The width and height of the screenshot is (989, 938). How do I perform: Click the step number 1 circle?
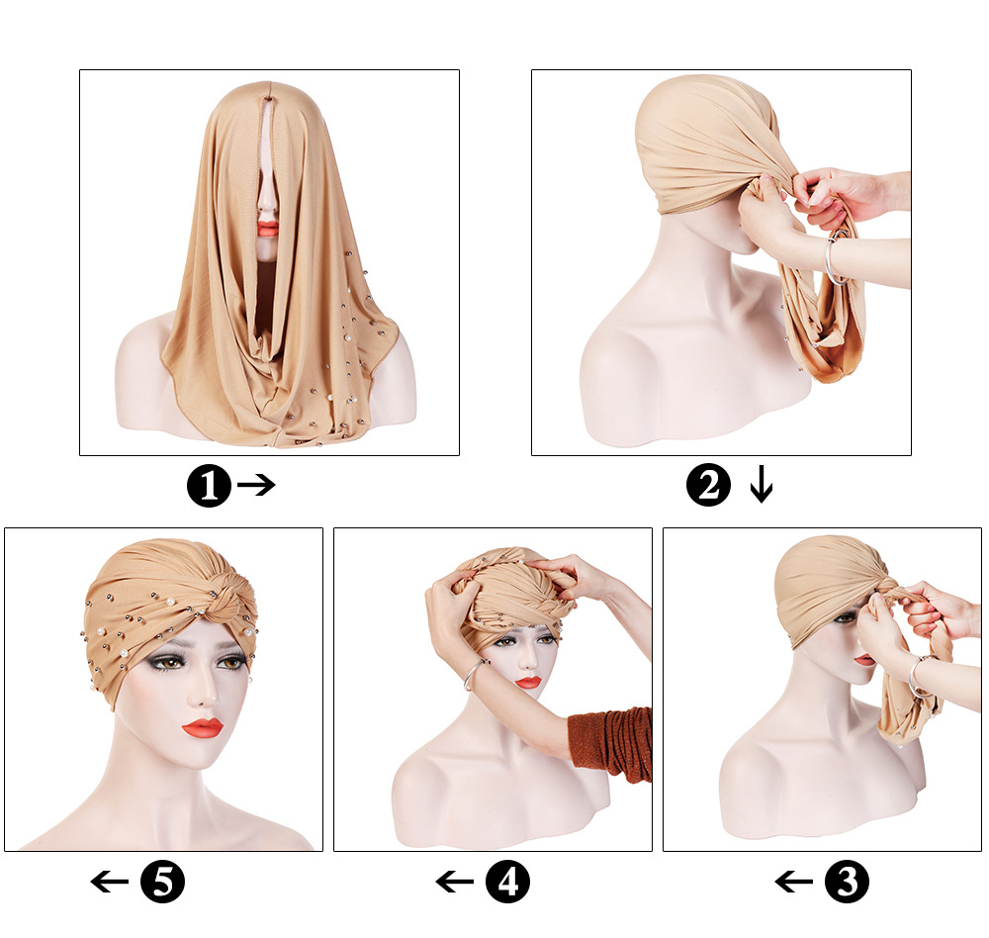[210, 486]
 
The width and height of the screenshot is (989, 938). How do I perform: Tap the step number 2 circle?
[708, 484]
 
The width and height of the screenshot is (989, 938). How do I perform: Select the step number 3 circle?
[847, 881]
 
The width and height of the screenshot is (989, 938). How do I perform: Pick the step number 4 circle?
[507, 881]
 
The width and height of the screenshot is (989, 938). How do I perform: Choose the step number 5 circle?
[163, 881]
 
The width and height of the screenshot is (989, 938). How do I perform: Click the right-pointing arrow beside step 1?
[257, 485]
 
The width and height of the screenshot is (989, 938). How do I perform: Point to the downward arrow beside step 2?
[762, 484]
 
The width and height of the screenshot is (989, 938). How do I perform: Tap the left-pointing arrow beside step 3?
[794, 882]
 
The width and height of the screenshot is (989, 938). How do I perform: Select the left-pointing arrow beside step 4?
[455, 882]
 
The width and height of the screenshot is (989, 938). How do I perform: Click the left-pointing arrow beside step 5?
[110, 882]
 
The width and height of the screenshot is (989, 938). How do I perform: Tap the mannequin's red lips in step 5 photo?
[203, 728]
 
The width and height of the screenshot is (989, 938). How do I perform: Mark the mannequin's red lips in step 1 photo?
[269, 228]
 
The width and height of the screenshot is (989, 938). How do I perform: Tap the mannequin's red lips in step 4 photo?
[527, 683]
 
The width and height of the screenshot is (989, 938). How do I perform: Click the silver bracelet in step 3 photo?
[919, 677]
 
